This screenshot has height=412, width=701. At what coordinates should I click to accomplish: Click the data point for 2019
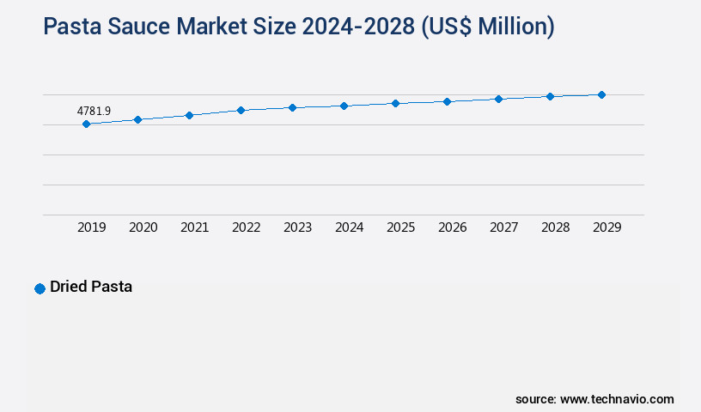[86, 124]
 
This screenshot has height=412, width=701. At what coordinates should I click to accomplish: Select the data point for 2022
[241, 110]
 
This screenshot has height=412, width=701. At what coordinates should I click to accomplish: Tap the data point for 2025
[395, 103]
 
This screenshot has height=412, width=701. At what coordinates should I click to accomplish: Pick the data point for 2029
[601, 94]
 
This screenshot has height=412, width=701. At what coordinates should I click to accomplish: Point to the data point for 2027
[498, 99]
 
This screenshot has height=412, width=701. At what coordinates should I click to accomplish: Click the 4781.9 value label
[94, 111]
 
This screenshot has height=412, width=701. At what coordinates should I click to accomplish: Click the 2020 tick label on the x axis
[143, 227]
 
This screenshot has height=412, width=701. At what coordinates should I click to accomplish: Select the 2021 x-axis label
[195, 227]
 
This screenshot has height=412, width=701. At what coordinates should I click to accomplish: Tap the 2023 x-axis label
[298, 227]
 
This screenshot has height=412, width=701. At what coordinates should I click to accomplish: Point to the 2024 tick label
[350, 227]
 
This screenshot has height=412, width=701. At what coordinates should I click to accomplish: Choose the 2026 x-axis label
[453, 227]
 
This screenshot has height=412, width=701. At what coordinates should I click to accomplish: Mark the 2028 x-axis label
[556, 227]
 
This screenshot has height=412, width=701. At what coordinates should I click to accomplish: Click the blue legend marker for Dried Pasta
[40, 288]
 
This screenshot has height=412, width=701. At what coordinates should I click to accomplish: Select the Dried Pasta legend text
[91, 287]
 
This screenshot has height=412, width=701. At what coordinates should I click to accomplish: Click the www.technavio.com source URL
[617, 399]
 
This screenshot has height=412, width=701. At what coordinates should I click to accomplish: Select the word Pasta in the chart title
[73, 27]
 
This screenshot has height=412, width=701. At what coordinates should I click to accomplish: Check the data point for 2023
[292, 107]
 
